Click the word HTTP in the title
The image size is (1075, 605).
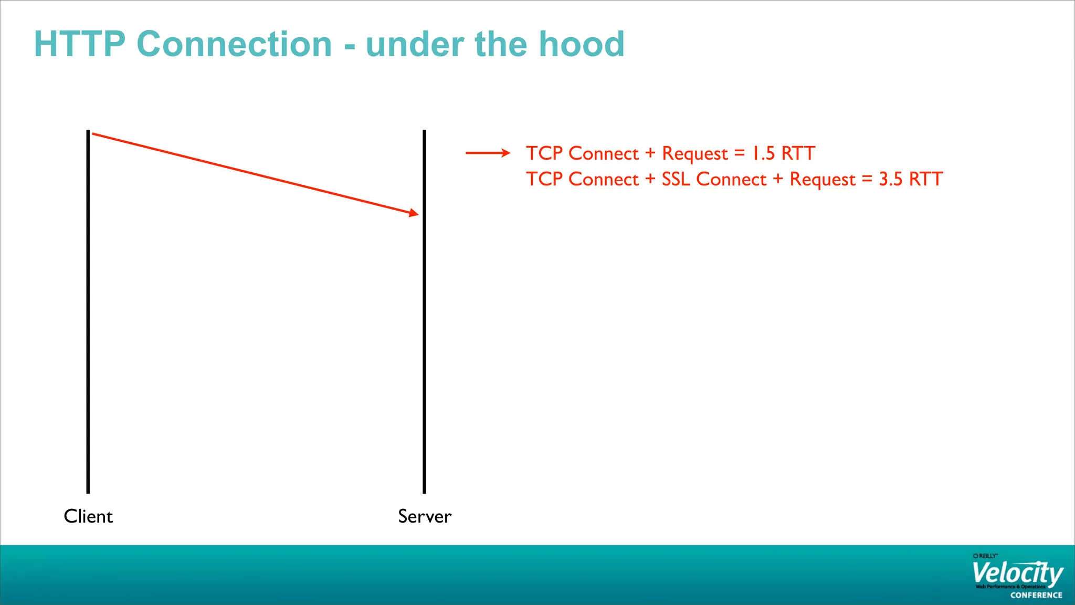click(x=79, y=44)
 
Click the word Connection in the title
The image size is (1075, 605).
click(x=234, y=44)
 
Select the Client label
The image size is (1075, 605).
click(x=88, y=516)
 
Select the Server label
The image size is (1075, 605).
click(x=424, y=516)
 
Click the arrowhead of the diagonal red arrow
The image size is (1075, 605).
click(x=414, y=213)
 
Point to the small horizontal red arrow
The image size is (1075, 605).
click(x=488, y=153)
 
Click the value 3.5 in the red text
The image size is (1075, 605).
click(x=891, y=179)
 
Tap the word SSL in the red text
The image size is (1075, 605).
click(x=676, y=179)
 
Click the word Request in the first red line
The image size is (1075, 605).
click(x=694, y=154)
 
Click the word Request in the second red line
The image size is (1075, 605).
click(x=823, y=180)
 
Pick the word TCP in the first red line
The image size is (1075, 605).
click(x=544, y=153)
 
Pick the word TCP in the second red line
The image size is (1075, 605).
click(x=544, y=179)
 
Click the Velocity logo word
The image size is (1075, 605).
click(x=1017, y=573)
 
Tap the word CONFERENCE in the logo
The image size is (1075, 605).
click(x=1036, y=595)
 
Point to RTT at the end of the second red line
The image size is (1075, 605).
click(x=926, y=179)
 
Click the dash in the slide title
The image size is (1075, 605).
click(x=350, y=47)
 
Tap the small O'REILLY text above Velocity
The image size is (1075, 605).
click(x=985, y=556)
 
